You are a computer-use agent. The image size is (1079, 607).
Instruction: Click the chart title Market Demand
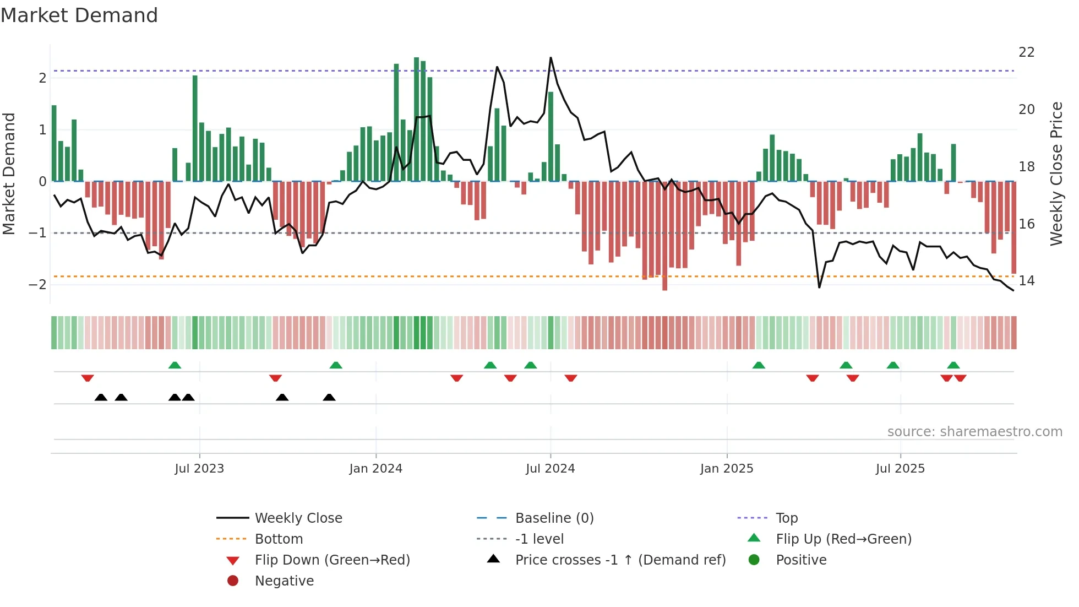[x=79, y=15]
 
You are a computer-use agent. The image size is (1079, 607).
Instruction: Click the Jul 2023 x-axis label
[x=199, y=469]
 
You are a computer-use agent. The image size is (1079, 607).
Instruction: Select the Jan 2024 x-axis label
[x=375, y=469]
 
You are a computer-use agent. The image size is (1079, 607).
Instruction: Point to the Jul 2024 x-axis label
[x=550, y=469]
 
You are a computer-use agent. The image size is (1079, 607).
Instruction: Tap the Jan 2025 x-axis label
[x=726, y=469]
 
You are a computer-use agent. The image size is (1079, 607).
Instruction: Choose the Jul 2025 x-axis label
[x=900, y=469]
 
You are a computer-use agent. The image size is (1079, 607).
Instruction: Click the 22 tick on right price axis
[x=1026, y=52]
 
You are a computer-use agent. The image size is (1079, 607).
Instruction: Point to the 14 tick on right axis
[x=1026, y=281]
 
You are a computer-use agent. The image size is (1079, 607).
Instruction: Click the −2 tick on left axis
[x=37, y=285]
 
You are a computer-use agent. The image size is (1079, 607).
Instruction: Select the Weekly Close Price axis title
[x=1056, y=174]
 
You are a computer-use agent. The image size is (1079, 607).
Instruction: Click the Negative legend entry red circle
[x=233, y=581]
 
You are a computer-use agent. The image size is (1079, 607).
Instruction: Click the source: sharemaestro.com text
[x=974, y=432]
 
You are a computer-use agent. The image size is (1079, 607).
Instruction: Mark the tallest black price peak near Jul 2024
[x=551, y=58]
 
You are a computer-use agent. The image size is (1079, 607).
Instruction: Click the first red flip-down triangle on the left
[x=88, y=378]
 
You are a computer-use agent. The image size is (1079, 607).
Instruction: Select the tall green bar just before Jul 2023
[x=195, y=128]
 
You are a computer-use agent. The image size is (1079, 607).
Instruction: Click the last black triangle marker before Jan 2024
[x=329, y=397]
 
